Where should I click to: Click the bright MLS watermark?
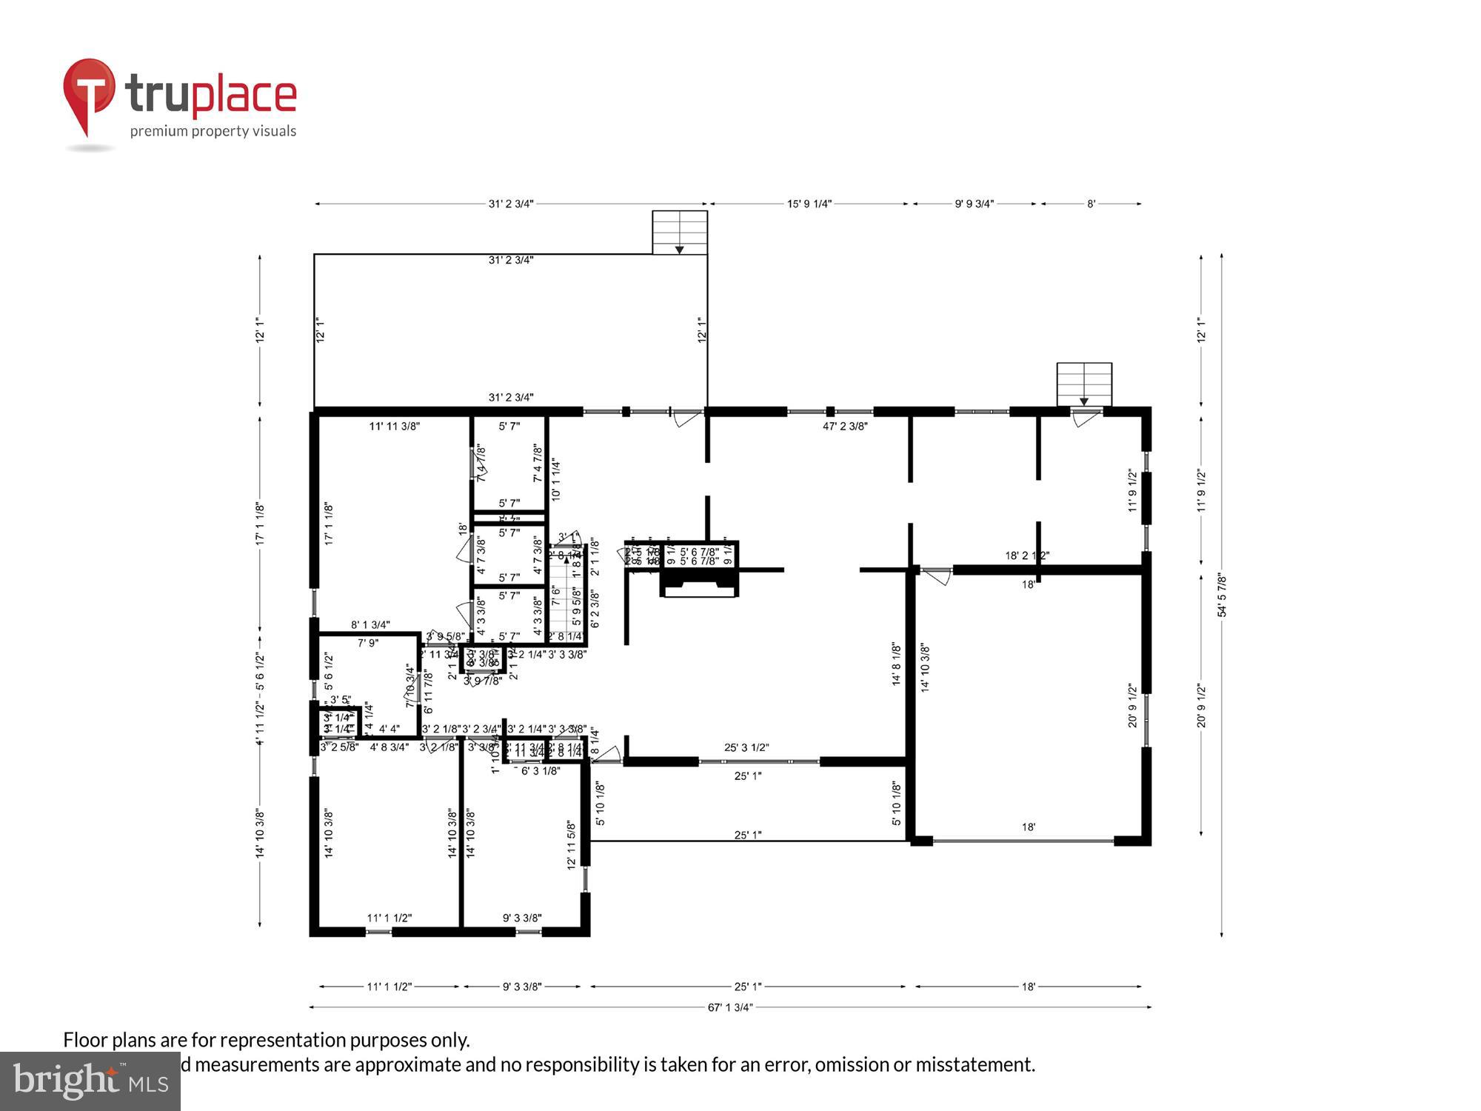pyautogui.click(x=90, y=1081)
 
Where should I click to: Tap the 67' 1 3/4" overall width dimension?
pyautogui.click(x=730, y=1007)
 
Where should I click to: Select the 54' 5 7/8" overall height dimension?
pyautogui.click(x=1222, y=595)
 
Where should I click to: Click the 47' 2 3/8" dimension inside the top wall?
pyautogui.click(x=845, y=426)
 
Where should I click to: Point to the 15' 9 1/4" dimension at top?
pyautogui.click(x=809, y=204)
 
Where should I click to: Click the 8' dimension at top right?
pyautogui.click(x=1091, y=204)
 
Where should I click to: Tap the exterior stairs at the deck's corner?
pyautogui.click(x=679, y=233)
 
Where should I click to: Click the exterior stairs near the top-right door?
pyautogui.click(x=1084, y=384)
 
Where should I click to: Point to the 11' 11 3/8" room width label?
pyautogui.click(x=395, y=426)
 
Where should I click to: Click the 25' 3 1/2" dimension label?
pyautogui.click(x=746, y=748)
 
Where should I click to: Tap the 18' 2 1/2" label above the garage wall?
pyautogui.click(x=1027, y=555)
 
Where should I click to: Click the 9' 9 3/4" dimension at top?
pyautogui.click(x=974, y=204)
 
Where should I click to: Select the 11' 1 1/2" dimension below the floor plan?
pyautogui.click(x=389, y=987)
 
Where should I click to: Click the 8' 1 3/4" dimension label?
pyautogui.click(x=370, y=625)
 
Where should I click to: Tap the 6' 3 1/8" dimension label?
pyautogui.click(x=540, y=771)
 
